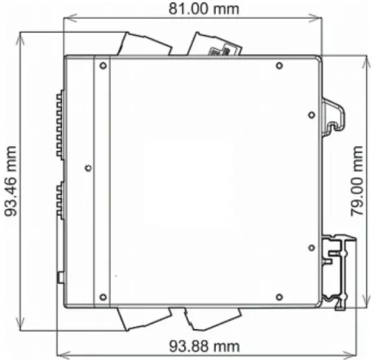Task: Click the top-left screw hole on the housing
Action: click(x=102, y=65)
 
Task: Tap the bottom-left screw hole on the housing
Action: click(x=102, y=297)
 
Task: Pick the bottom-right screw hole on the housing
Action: click(x=279, y=297)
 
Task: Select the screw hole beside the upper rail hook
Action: click(x=312, y=115)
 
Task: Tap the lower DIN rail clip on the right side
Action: click(x=340, y=272)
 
